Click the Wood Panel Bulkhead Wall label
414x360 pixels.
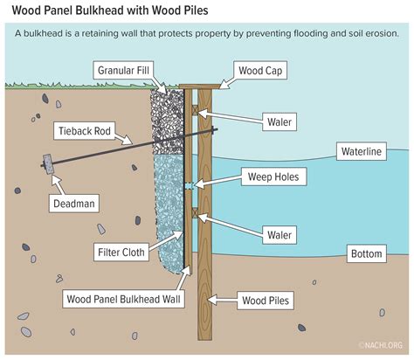[126, 298]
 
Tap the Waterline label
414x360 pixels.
[362, 152]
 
